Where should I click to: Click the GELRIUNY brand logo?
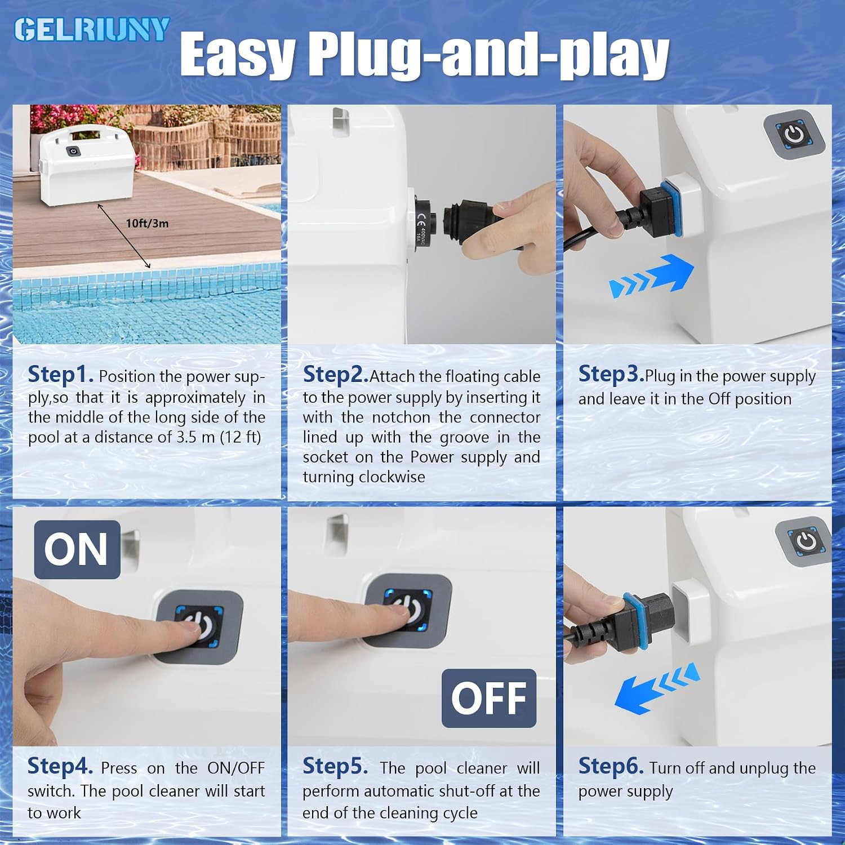[x=92, y=29]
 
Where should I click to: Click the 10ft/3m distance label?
[x=147, y=223]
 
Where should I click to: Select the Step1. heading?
[x=61, y=374]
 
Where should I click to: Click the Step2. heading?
[x=336, y=374]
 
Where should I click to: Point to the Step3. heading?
[x=611, y=374]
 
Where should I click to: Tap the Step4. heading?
[x=60, y=766]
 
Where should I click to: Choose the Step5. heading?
[x=335, y=766]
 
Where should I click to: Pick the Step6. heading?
[x=611, y=766]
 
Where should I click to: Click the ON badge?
[x=77, y=549]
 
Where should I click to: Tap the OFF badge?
[x=489, y=698]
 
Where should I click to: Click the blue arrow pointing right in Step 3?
[x=652, y=275]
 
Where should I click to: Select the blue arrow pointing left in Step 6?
[x=657, y=687]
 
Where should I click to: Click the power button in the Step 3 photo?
[x=794, y=135]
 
